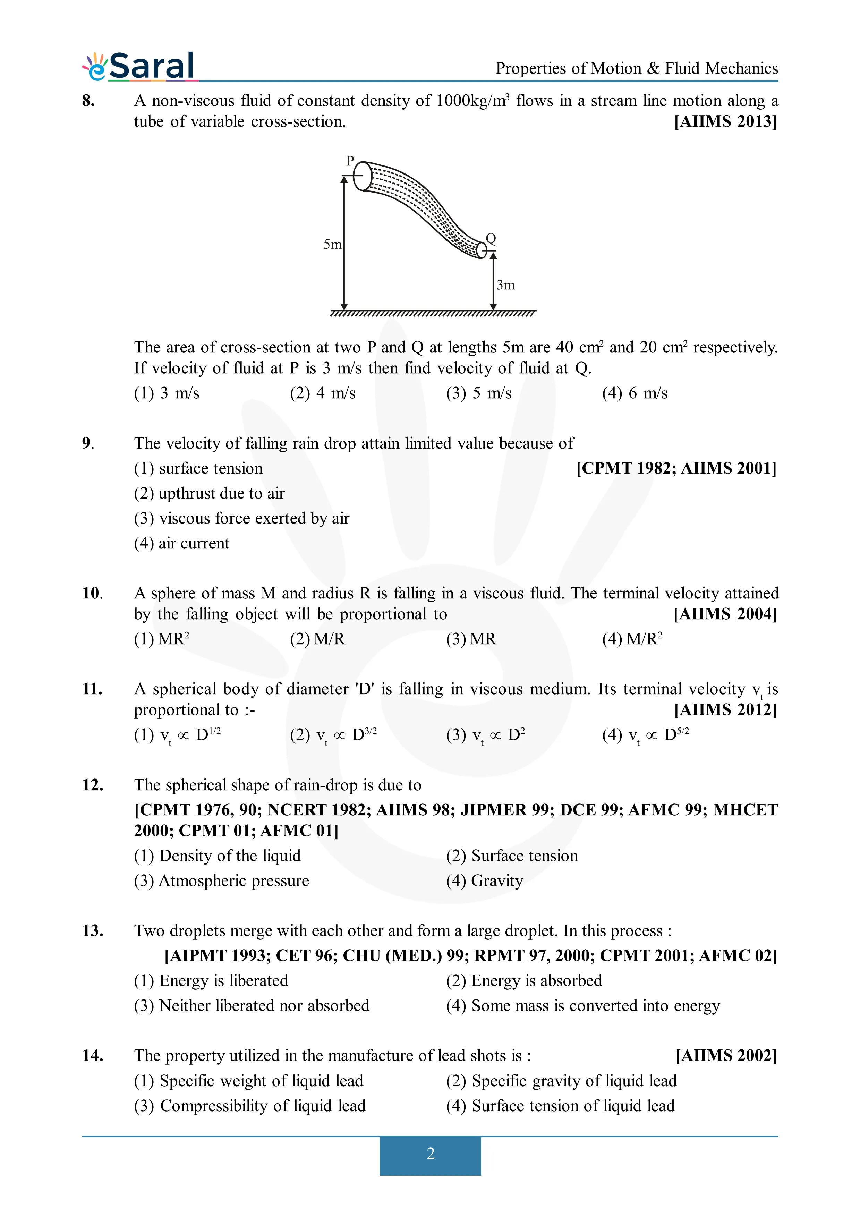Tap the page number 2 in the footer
(430, 1154)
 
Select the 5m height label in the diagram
(332, 244)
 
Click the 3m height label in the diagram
(505, 285)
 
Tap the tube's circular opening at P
(363, 176)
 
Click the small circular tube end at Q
(481, 250)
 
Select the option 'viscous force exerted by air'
(242, 518)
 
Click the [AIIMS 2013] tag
(725, 121)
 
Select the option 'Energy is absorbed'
(523, 981)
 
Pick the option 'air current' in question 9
(182, 543)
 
